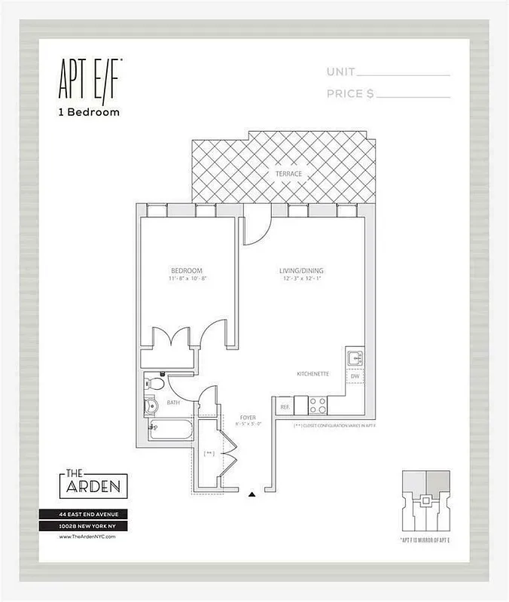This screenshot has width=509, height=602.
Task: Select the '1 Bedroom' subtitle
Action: (x=88, y=112)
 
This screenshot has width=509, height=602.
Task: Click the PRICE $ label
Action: (x=350, y=94)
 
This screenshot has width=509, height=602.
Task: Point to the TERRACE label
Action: (x=288, y=174)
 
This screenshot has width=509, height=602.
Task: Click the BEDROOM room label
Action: (x=186, y=271)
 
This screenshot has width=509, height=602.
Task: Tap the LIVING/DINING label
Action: (x=302, y=271)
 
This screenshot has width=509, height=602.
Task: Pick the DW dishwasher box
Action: (x=354, y=377)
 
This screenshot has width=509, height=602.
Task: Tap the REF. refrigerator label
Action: (x=285, y=406)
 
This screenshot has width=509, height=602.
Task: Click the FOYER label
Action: (x=248, y=416)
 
